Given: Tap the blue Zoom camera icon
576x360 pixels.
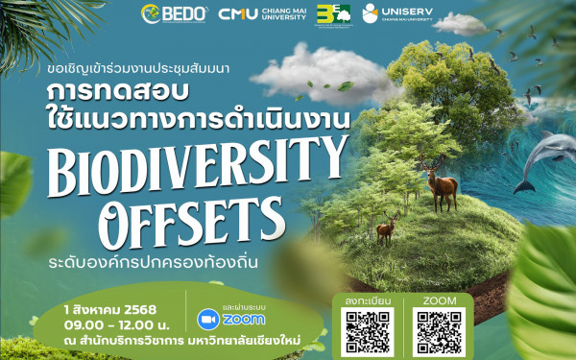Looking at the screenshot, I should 206,319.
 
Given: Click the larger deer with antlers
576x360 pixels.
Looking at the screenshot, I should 442,184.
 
